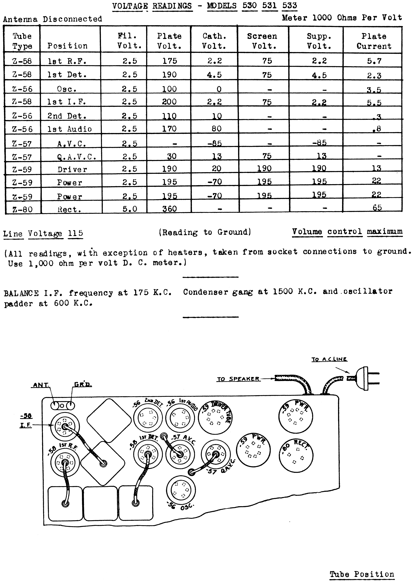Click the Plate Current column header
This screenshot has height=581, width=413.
[374, 41]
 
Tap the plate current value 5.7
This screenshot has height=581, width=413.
[374, 61]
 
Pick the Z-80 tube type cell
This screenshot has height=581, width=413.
[22, 209]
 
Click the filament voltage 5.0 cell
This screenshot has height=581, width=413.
[130, 209]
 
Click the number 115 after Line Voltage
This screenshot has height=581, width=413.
[76, 233]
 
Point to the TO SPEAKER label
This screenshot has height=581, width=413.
[238, 379]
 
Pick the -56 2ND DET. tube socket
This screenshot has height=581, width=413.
[148, 418]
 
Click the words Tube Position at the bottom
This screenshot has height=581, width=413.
[362, 567]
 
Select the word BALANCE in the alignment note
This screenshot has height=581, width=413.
[21, 293]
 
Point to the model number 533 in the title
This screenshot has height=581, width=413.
[289, 6]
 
